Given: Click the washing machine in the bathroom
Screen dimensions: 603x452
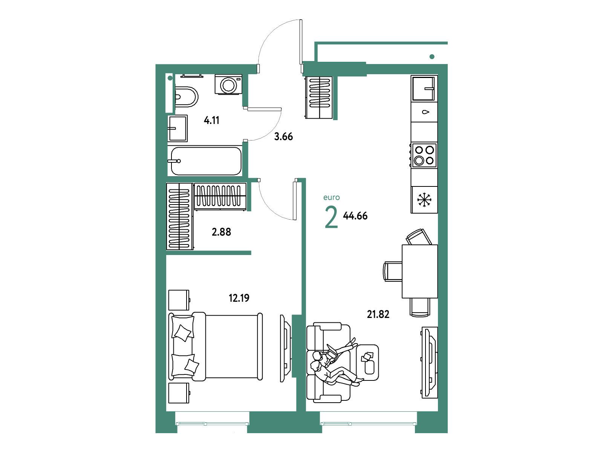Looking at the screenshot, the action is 228,84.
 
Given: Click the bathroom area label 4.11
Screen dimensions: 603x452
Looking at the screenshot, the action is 211,121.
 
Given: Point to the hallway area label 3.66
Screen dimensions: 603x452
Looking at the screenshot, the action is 283,136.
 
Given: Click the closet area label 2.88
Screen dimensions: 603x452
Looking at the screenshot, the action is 222,232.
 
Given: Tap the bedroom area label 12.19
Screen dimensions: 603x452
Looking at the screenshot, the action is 239,298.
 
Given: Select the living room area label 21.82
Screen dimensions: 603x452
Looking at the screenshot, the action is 378,314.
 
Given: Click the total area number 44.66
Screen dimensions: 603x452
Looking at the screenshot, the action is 355,216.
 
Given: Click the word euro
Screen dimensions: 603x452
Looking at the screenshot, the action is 332,198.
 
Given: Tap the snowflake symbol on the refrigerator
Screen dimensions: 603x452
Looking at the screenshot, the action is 424,200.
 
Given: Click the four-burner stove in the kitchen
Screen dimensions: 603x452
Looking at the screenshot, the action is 423,155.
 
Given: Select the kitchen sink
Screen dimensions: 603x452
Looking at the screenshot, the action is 424,88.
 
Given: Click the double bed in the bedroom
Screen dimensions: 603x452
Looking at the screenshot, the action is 216,347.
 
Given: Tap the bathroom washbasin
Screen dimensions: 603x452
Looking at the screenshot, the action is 178,128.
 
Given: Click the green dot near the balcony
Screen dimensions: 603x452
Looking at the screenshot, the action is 432,57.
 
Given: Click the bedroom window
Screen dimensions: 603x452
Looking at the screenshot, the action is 212,423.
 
